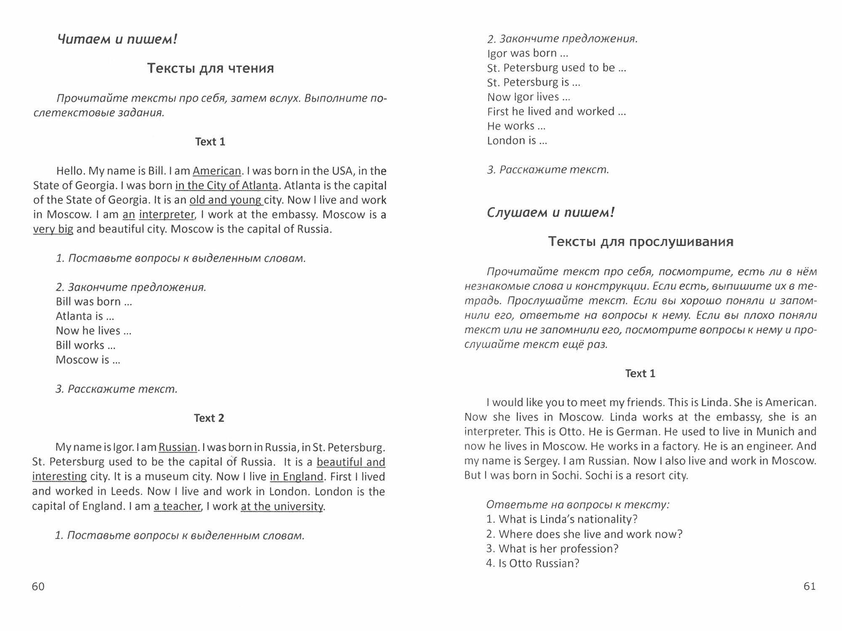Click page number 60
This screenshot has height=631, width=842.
click(x=38, y=586)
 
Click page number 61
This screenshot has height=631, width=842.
click(x=809, y=586)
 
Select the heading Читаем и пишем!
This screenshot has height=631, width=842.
click(x=117, y=40)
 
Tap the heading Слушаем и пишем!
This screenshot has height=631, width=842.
click(x=550, y=212)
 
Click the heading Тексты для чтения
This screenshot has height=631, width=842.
click(x=210, y=68)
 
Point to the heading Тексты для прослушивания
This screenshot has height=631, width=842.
click(x=640, y=241)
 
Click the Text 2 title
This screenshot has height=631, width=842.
click(x=209, y=418)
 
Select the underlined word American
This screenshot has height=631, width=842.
click(x=217, y=171)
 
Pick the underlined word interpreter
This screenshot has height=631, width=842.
click(x=166, y=215)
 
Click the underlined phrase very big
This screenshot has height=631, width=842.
click(x=53, y=229)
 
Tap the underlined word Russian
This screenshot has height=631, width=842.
click(x=178, y=447)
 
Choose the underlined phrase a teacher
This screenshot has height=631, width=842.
click(x=177, y=506)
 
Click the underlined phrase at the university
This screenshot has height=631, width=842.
click(x=282, y=506)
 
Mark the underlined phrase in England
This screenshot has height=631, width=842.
click(x=296, y=477)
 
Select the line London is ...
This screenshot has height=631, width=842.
click(x=517, y=141)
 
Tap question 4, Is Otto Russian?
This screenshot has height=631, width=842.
click(x=533, y=563)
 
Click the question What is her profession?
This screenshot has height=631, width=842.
click(x=552, y=549)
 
